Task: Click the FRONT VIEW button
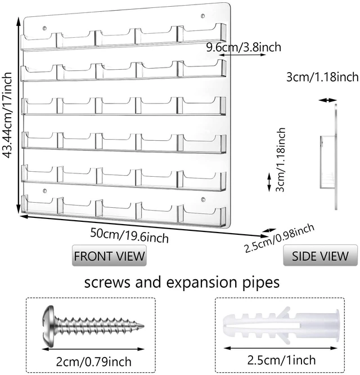[109, 256]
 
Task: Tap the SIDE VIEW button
[321, 256]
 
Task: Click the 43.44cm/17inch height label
[7, 115]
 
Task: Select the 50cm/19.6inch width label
[129, 235]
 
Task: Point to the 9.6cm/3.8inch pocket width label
[244, 47]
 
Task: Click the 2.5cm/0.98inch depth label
[279, 238]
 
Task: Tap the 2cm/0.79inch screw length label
[93, 361]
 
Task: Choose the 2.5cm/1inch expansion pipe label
[281, 360]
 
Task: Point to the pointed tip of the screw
[144, 326]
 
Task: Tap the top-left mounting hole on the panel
[44, 29]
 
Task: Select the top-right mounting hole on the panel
[203, 16]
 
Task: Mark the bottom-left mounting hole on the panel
[44, 191]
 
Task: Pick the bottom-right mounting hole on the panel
[203, 199]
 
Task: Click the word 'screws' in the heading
[107, 283]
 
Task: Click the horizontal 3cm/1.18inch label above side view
[322, 77]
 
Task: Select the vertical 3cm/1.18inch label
[280, 159]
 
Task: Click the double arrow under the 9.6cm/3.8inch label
[242, 55]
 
